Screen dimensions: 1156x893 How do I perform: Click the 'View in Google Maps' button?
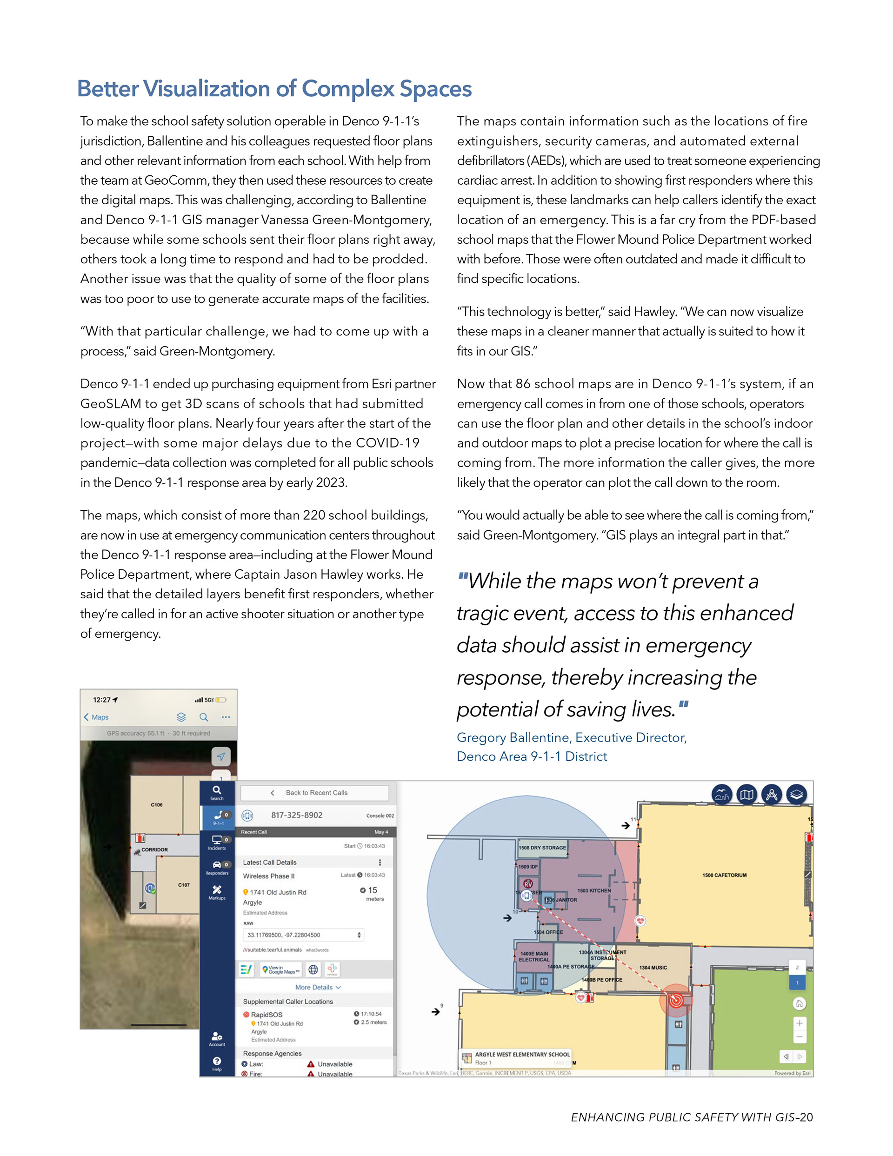pyautogui.click(x=281, y=969)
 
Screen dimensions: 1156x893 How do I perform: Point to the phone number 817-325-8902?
pyautogui.click(x=296, y=815)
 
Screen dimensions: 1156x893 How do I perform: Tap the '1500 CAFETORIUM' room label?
pyautogui.click(x=724, y=875)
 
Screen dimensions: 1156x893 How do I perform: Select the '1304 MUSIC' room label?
pyautogui.click(x=653, y=968)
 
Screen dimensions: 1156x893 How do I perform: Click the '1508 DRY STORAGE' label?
pyautogui.click(x=542, y=848)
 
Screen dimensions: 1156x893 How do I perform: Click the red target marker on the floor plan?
pyautogui.click(x=675, y=1000)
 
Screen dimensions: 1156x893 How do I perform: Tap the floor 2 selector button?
pyautogui.click(x=797, y=967)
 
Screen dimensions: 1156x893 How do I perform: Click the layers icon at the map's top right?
pyautogui.click(x=797, y=795)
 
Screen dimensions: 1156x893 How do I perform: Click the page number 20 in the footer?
pyautogui.click(x=806, y=1117)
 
